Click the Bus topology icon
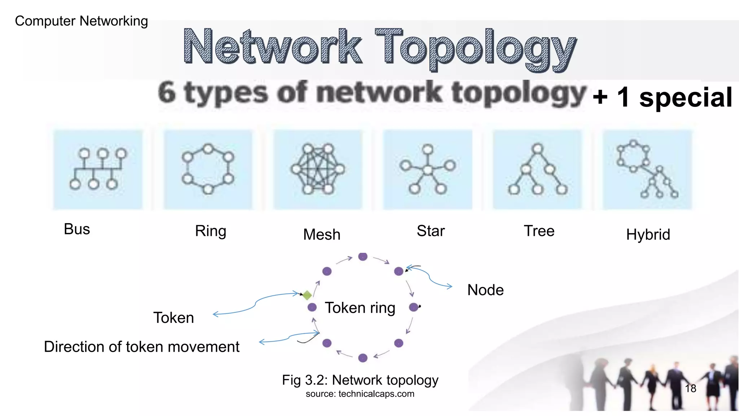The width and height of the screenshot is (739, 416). (98, 169)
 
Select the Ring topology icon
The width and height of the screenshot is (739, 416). (208, 169)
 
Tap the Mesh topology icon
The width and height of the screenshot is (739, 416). (318, 169)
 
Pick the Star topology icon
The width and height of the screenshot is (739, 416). (428, 169)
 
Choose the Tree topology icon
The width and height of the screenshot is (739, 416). (537, 169)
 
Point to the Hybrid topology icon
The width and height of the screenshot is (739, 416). (647, 169)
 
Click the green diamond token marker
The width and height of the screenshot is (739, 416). (307, 295)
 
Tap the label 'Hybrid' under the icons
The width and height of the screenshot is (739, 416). (648, 235)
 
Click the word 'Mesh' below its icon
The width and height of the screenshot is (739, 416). (322, 235)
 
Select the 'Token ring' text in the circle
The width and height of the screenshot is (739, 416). (360, 308)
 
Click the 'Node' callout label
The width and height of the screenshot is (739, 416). (485, 290)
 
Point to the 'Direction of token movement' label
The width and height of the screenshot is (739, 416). (141, 347)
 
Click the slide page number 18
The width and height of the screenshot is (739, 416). (690, 389)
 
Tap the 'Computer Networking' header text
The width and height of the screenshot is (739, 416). (81, 21)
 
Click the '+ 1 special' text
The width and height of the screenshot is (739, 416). (663, 97)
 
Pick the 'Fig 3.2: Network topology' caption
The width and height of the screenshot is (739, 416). (360, 380)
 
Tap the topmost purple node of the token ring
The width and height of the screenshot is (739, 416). (363, 257)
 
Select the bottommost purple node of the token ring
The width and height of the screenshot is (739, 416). (363, 358)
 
